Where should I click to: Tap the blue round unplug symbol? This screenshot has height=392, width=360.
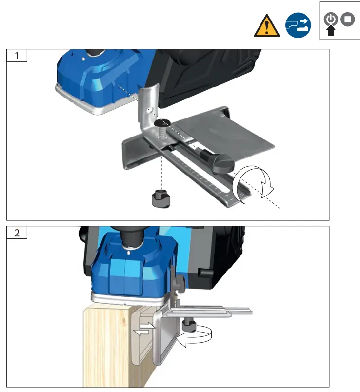pos(298,25)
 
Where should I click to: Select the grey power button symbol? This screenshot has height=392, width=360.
pos(331,19)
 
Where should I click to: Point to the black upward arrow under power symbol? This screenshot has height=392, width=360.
pos(331,32)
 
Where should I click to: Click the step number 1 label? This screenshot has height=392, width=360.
pos(17,56)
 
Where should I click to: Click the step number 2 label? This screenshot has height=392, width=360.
pos(17,233)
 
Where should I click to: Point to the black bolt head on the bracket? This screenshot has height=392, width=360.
pos(161,127)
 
